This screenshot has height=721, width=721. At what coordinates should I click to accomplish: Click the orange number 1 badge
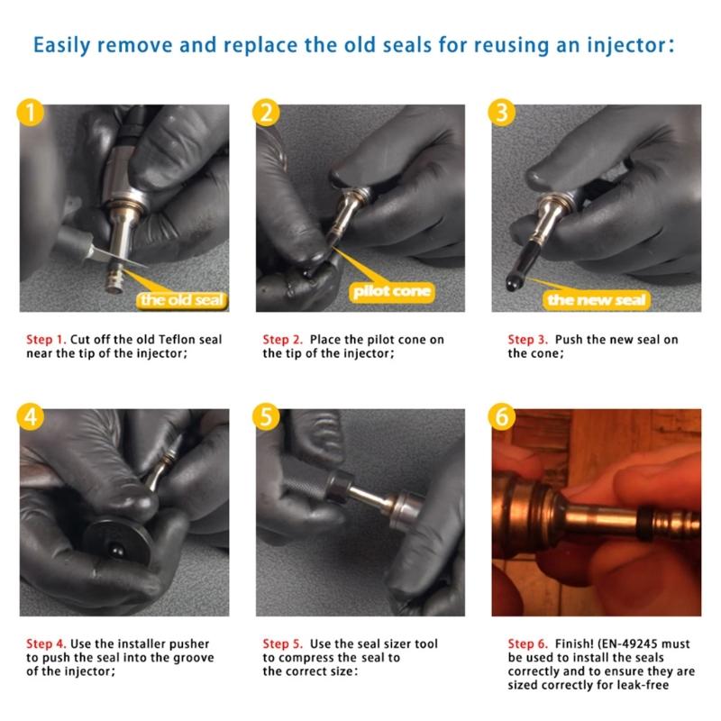point(32,114)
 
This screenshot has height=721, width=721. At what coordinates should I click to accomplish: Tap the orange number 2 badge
point(268,114)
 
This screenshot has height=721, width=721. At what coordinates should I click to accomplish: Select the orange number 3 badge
point(503,114)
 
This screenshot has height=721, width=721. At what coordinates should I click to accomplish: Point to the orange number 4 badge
point(32,419)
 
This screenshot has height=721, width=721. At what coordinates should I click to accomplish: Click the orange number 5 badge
point(268,419)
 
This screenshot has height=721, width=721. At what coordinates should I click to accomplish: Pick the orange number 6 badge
point(503,419)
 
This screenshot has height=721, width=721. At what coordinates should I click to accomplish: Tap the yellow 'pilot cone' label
point(392,291)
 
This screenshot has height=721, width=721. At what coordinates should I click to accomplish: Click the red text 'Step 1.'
point(45,340)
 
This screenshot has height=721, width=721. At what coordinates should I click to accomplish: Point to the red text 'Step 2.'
point(282,340)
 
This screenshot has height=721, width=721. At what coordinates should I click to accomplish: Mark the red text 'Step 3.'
point(527,340)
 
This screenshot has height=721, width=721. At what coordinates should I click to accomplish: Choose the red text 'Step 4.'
point(45,644)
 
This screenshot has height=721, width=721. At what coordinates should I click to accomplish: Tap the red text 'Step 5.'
point(282,644)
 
